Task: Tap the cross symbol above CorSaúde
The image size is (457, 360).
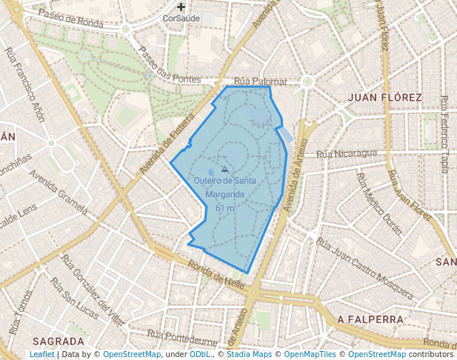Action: point(181,7)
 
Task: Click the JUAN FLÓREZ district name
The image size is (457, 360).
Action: point(384,97)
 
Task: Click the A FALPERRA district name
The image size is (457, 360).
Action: point(370,319)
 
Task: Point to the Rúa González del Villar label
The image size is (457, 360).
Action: point(93,293)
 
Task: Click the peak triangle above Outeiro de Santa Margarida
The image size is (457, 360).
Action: point(224,170)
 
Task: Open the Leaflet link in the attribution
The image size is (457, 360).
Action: point(42,355)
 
